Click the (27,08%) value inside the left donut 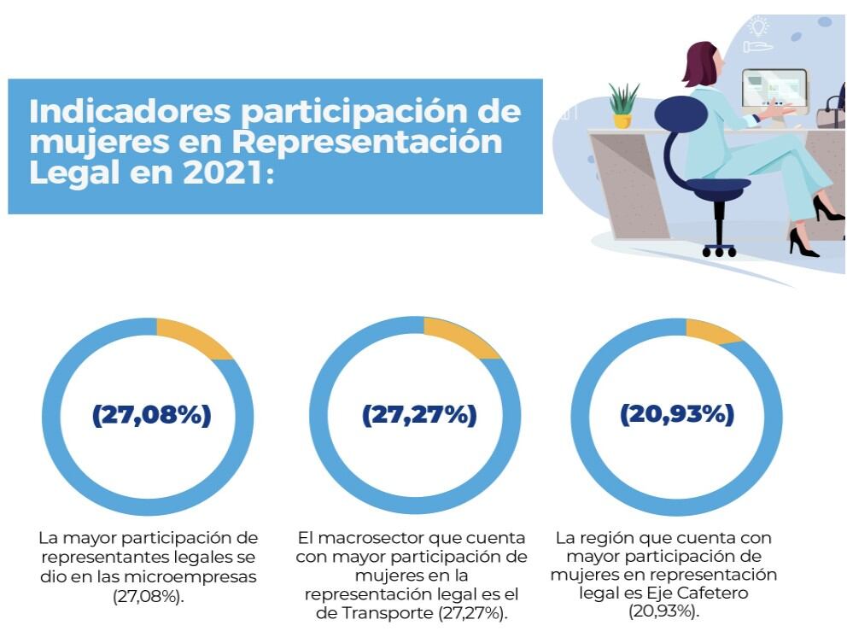coord(151,415)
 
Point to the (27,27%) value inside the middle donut coord(418,415)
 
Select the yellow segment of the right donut coord(714,330)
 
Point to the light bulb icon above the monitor coord(757,25)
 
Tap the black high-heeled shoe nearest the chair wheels coord(801,243)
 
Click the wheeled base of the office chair coord(719,248)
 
